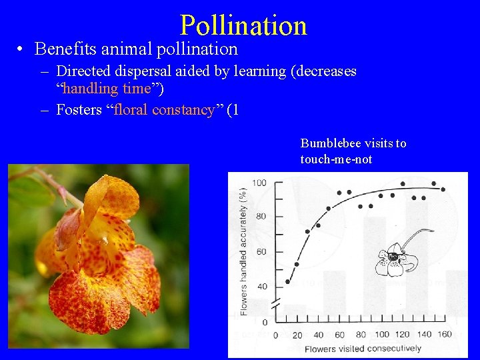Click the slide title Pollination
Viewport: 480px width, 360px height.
pos(243,25)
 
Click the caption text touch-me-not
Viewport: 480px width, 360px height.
pos(336,159)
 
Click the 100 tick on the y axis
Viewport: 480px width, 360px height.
pos(259,183)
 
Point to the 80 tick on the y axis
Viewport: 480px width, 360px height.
pos(261,216)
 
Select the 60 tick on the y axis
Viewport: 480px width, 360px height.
pos(261,251)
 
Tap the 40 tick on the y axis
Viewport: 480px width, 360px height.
pos(261,287)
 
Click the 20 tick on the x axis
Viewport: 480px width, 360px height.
pos(297,335)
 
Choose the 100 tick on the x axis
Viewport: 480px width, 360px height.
pos(382,335)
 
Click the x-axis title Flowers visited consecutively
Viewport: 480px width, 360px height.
pos(363,349)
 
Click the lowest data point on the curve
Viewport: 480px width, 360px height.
pos(288,281)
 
